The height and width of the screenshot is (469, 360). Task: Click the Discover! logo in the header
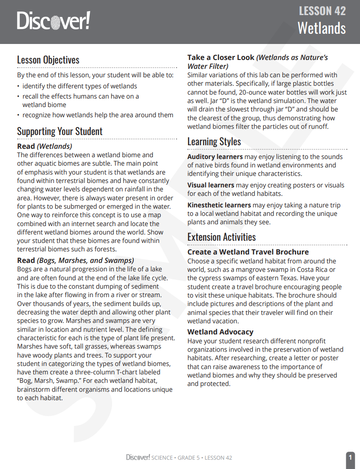tap(53, 20)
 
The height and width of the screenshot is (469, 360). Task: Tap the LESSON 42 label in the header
tap(322, 11)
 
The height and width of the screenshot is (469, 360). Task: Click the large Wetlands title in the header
tap(321, 28)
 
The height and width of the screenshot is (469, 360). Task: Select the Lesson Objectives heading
tap(48, 60)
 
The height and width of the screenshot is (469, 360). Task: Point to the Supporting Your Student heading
tap(60, 131)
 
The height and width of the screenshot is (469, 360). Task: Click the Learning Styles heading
tap(214, 141)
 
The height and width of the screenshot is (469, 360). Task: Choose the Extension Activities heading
tap(221, 237)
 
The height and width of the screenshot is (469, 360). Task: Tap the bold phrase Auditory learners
tap(215, 157)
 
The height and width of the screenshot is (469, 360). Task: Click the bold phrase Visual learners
tap(211, 185)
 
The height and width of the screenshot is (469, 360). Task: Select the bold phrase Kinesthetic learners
tap(219, 205)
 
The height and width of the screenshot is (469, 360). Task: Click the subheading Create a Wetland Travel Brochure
tap(248, 252)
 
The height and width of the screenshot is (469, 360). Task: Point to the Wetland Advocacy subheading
tap(220, 332)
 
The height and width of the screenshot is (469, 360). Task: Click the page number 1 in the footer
tap(350, 457)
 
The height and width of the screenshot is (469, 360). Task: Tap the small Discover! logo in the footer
tap(138, 457)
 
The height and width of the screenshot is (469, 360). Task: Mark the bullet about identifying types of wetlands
tap(80, 86)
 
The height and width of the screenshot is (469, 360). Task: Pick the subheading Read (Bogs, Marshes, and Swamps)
tap(76, 261)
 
